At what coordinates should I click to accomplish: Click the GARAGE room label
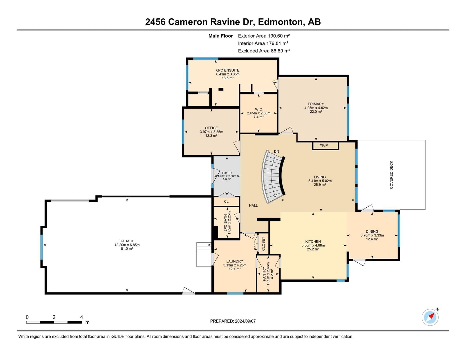point(127,241)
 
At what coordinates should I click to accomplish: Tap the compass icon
point(430,317)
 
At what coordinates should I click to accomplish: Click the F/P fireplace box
point(326,146)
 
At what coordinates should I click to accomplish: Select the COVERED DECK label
point(391,175)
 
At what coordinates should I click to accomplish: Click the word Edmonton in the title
point(280,22)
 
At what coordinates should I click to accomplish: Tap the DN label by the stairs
point(276,151)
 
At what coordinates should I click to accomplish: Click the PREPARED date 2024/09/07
point(245,321)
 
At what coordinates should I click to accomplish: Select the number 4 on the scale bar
point(82,317)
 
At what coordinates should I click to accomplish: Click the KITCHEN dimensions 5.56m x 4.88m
point(313,245)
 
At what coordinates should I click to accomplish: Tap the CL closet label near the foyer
point(226,202)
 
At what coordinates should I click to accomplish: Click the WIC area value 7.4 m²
point(259,117)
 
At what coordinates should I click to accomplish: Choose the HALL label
point(253,205)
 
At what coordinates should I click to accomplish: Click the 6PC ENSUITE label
point(228,70)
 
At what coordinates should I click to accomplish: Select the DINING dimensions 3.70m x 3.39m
point(372,235)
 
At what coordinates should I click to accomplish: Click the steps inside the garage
point(204,255)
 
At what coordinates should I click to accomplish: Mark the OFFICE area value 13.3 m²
point(211,136)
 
